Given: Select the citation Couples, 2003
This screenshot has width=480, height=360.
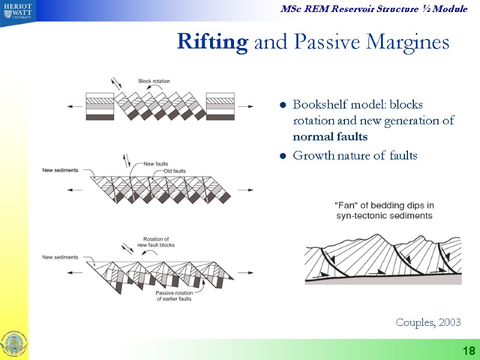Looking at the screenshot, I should coord(428,323).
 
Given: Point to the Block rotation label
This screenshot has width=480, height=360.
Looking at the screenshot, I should coord(154,80).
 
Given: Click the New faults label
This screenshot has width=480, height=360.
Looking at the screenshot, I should coord(156,163).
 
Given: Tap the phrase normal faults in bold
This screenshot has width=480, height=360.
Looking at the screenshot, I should coord(330,137).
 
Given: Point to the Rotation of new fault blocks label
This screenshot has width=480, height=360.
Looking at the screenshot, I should coord(157,242).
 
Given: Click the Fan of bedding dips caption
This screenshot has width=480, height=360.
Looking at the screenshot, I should coord(383,210).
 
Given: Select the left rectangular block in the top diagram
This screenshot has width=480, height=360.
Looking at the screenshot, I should coord(100,106).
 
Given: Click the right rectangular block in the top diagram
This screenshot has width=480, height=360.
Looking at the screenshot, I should coord(220,106).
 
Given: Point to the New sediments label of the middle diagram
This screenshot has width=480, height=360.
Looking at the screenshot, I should coord(60,170).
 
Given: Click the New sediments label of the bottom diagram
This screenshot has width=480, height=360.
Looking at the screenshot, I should coord(60,257).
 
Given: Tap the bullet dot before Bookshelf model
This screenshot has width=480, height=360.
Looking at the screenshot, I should coord(282,106).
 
